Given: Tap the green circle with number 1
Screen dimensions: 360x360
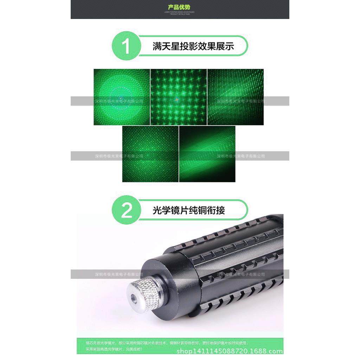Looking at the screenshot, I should [126, 46].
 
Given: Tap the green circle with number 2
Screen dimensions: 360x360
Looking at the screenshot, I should [126, 210].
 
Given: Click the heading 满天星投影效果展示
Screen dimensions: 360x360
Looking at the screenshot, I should [193, 46].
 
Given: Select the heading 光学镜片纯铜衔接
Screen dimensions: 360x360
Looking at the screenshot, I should [189, 211].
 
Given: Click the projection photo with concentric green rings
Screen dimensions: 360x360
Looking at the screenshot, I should [122, 97].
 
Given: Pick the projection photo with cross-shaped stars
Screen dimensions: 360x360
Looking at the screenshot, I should [179, 97].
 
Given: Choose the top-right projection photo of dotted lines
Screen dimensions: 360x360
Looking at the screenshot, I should [236, 97].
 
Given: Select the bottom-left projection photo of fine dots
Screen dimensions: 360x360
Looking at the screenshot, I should [150, 154].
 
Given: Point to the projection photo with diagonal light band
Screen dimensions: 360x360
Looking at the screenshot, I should [207, 154].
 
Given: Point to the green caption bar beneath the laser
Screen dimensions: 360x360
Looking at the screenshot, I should [180, 346].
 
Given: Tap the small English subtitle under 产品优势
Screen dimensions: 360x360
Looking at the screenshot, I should [180, 13].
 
